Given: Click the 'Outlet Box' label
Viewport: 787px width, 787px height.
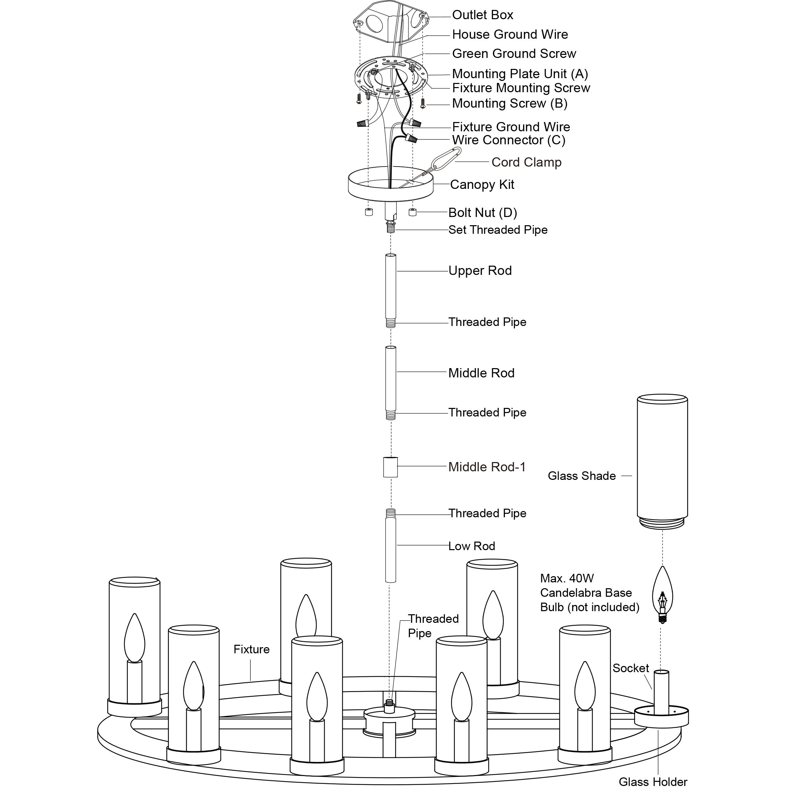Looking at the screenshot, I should tap(482, 15).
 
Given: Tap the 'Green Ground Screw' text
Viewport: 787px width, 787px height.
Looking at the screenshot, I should tap(514, 54).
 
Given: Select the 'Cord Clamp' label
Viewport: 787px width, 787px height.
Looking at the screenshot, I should tap(526, 162).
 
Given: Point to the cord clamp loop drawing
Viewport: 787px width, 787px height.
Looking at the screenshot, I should tap(446, 158).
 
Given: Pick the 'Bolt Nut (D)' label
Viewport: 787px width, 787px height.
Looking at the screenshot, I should tap(482, 213).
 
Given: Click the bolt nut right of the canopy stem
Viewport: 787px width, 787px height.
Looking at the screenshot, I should tap(412, 212).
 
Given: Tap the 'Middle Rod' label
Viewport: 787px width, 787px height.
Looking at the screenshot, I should tap(481, 373).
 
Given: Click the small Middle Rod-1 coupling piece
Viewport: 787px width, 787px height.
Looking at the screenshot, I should tap(390, 467).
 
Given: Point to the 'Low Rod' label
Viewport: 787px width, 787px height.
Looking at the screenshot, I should tap(472, 546).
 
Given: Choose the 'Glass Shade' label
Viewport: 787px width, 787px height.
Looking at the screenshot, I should tap(581, 476).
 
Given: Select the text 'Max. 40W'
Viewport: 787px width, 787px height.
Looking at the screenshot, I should tap(567, 579).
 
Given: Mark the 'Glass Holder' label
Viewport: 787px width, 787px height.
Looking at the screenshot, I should tap(653, 781).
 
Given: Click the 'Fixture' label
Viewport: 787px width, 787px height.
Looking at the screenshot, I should tap(251, 649).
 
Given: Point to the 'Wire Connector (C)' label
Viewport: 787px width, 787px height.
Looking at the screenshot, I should tap(508, 140).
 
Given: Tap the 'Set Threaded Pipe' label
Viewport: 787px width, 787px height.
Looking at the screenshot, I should tap(498, 230).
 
